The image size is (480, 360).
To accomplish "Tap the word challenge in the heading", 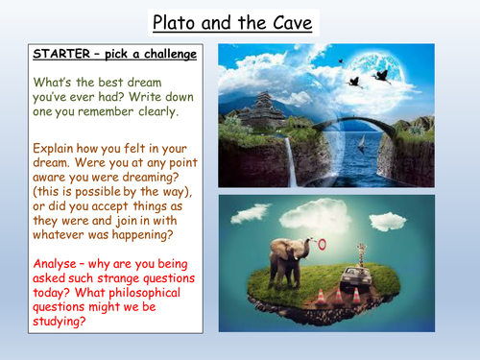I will point(162,54).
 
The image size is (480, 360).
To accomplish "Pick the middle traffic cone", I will point(337,292).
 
